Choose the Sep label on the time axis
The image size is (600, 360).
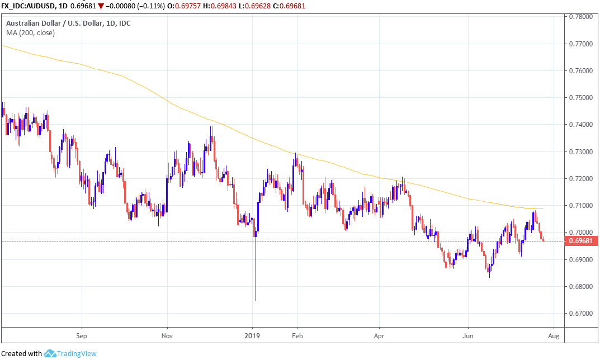pyautogui.click(x=82, y=337)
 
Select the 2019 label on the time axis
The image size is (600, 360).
pyautogui.click(x=253, y=337)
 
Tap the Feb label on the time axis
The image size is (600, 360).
pyautogui.click(x=297, y=337)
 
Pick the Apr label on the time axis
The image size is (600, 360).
pyautogui.click(x=380, y=337)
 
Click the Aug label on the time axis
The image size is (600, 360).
pyautogui.click(x=554, y=337)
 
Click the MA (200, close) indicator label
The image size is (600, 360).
pyautogui.click(x=30, y=33)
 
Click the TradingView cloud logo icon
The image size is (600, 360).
pyautogui.click(x=50, y=353)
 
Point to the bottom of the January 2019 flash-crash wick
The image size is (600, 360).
pyautogui.click(x=256, y=301)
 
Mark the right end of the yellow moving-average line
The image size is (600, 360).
pyautogui.click(x=543, y=209)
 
